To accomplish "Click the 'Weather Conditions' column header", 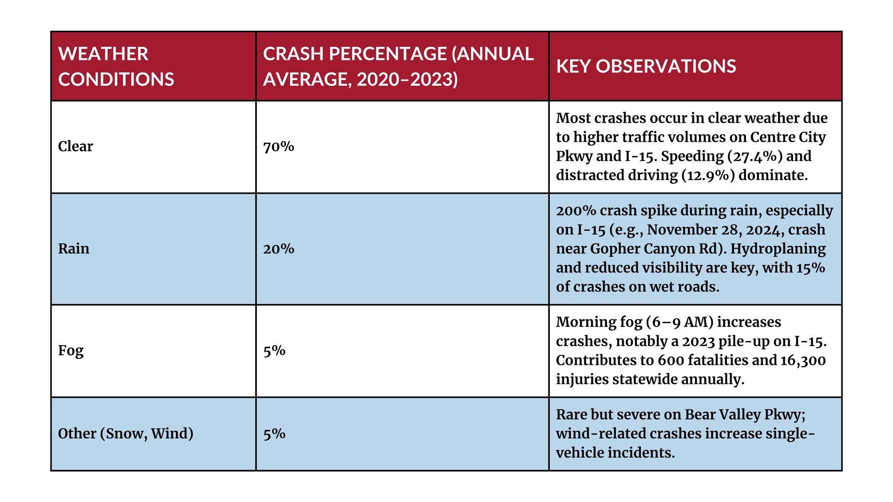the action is point(116,66).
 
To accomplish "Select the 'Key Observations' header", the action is point(646,66).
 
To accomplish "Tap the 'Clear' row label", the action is point(75,146).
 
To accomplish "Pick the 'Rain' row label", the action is point(73,249).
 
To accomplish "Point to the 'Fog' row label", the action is point(71,351).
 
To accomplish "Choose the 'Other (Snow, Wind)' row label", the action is point(126,434).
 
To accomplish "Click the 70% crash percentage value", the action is point(279,147).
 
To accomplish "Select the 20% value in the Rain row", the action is point(279,249).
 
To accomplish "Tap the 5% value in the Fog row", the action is point(274,351).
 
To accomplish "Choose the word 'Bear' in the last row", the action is point(700,415).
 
